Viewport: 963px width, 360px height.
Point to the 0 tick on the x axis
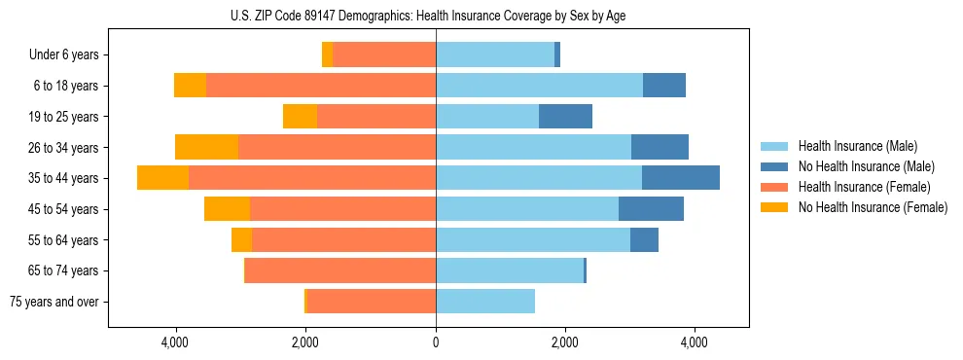coord(436,342)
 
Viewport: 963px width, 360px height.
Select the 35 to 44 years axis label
coord(64,178)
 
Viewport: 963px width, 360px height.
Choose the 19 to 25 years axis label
coord(64,117)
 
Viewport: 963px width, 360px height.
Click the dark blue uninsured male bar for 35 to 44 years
coord(680,178)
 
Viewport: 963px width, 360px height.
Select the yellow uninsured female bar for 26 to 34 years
coord(206,147)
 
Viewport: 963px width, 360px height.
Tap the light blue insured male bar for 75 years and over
coord(484,302)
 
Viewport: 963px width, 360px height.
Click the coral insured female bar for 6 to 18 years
coord(321,86)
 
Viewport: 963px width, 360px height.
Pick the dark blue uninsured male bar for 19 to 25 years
coord(565,117)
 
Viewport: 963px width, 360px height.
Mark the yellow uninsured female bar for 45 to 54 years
coord(227,209)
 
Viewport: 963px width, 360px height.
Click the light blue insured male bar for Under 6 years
coord(494,55)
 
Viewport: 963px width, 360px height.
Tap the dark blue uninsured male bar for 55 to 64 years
coord(644,239)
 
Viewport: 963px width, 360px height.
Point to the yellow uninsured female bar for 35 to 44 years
coord(162,178)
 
